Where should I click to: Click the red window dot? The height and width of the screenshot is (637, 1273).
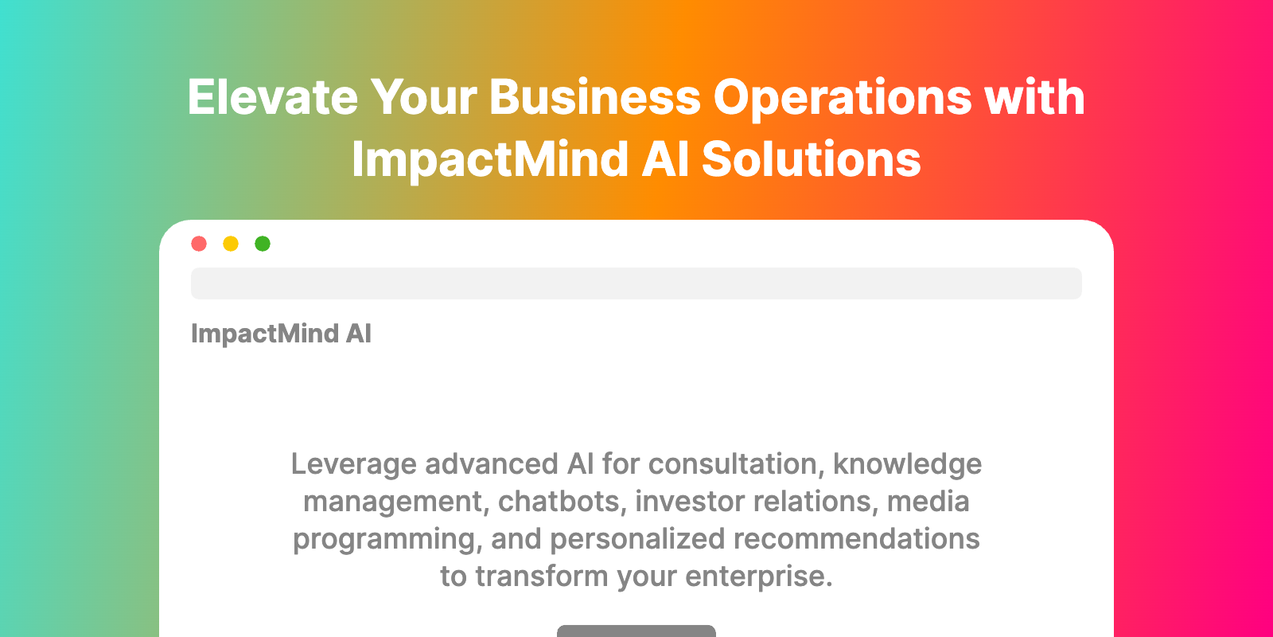pyautogui.click(x=199, y=244)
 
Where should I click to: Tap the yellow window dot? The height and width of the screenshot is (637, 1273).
pyautogui.click(x=231, y=244)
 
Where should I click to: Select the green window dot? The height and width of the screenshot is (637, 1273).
pyautogui.click(x=263, y=244)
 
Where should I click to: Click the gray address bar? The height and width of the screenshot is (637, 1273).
pyautogui.click(x=636, y=283)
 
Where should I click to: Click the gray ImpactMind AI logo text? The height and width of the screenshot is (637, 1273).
pyautogui.click(x=282, y=334)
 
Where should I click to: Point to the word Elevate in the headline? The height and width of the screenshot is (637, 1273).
pyautogui.click(x=273, y=98)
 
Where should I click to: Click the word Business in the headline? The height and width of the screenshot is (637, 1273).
pyautogui.click(x=595, y=98)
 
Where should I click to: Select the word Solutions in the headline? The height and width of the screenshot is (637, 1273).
pyautogui.click(x=812, y=160)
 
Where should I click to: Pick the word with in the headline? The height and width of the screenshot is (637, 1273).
pyautogui.click(x=1035, y=98)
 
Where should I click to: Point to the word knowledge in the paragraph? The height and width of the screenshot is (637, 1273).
pyautogui.click(x=908, y=465)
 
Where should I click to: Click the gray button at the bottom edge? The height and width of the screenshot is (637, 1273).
pyautogui.click(x=636, y=631)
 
